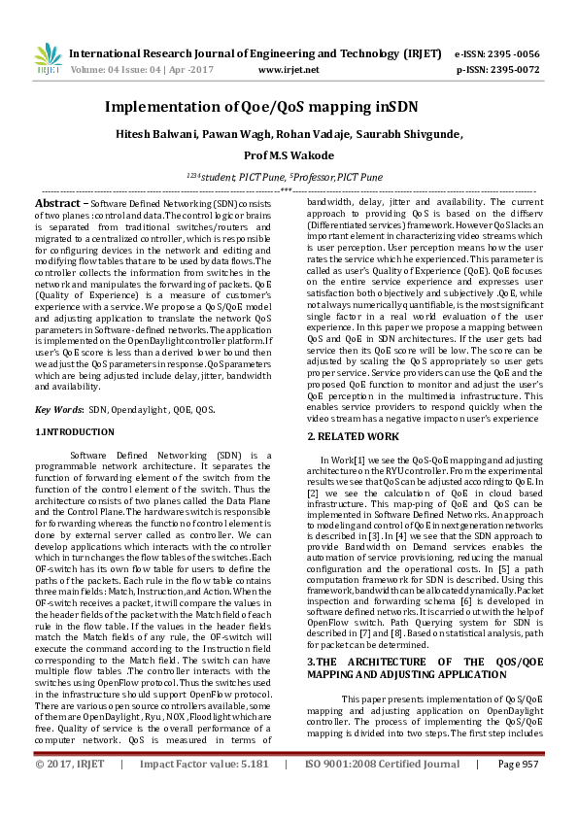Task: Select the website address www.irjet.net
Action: click(x=289, y=70)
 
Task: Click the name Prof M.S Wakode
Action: click(x=289, y=155)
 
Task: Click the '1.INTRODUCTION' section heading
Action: click(x=76, y=430)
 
